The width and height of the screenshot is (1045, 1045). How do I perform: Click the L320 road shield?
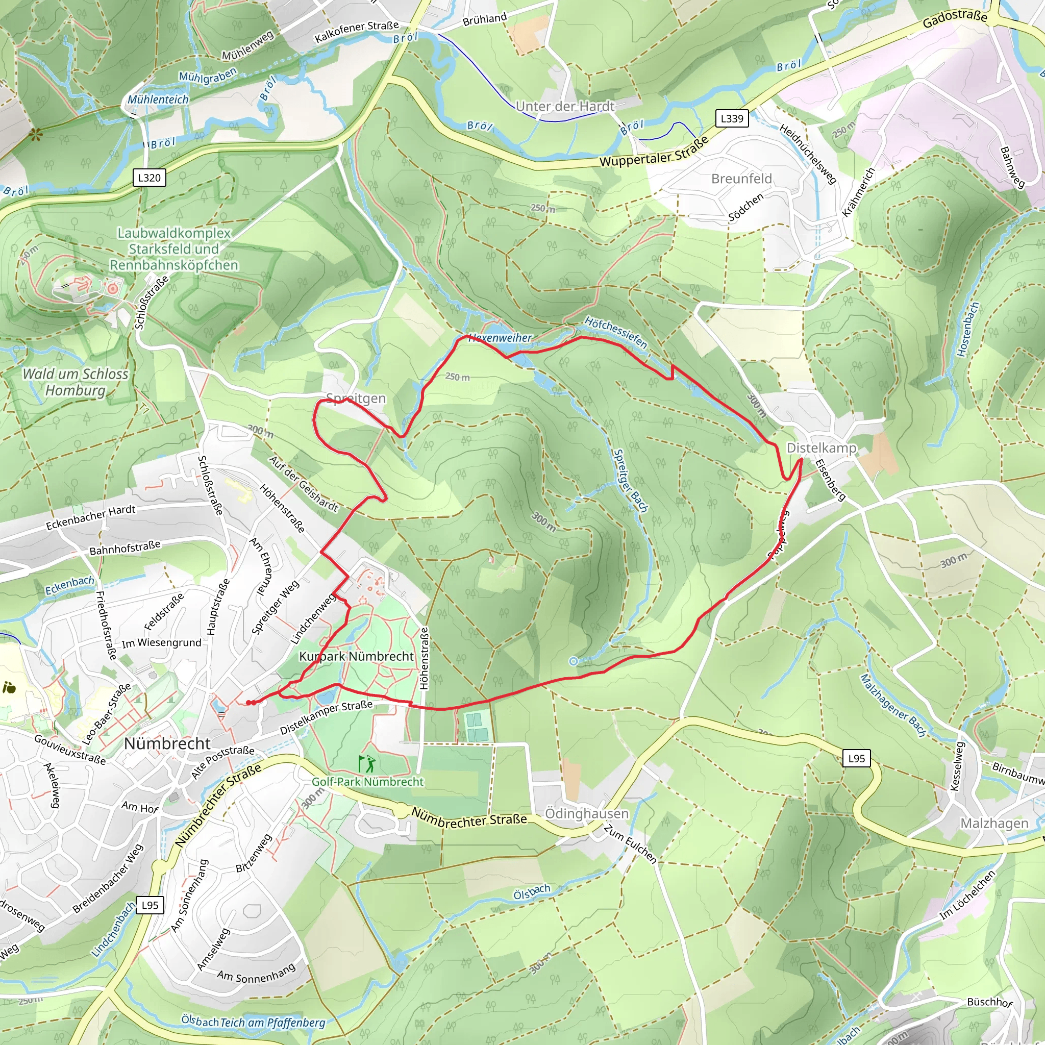pyautogui.click(x=150, y=178)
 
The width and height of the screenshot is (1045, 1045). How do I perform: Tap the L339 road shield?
pyautogui.click(x=732, y=118)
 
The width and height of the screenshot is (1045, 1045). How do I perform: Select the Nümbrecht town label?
pyautogui.click(x=167, y=744)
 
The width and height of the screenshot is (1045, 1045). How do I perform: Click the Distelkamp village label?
pyautogui.click(x=821, y=448)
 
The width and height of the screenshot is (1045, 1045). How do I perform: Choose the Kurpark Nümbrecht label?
pyautogui.click(x=357, y=656)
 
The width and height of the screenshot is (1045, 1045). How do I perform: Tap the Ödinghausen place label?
pyautogui.click(x=587, y=813)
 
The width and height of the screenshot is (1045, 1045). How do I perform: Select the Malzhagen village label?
pyautogui.click(x=994, y=823)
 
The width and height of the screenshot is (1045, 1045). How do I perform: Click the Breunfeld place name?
pyautogui.click(x=741, y=179)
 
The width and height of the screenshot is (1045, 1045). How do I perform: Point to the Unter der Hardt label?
pyautogui.click(x=565, y=106)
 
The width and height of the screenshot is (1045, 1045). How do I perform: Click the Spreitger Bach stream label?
pyautogui.click(x=630, y=480)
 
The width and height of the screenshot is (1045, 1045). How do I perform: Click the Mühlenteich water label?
pyautogui.click(x=158, y=99)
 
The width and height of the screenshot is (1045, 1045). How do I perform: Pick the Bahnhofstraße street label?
pyautogui.click(x=125, y=548)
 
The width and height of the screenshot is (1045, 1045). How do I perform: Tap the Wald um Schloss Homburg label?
pyautogui.click(x=75, y=382)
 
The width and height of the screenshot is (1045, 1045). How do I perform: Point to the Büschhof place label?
pyautogui.click(x=990, y=1002)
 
